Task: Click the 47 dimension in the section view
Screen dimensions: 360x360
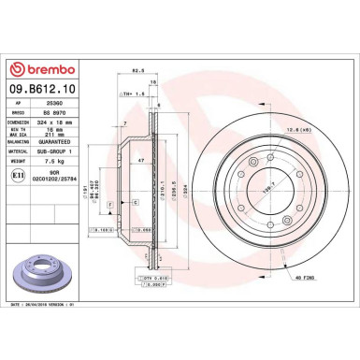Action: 141,162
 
